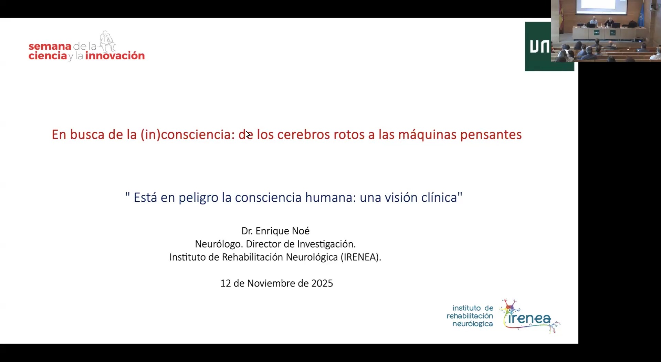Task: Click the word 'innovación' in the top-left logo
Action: [115, 56]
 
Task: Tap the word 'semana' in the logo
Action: [50, 46]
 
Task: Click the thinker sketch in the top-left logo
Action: [107, 41]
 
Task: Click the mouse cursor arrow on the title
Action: [248, 134]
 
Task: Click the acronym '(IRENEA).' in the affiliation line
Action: [361, 257]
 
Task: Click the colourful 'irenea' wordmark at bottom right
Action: [529, 318]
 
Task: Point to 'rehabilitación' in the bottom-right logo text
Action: [470, 316]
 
